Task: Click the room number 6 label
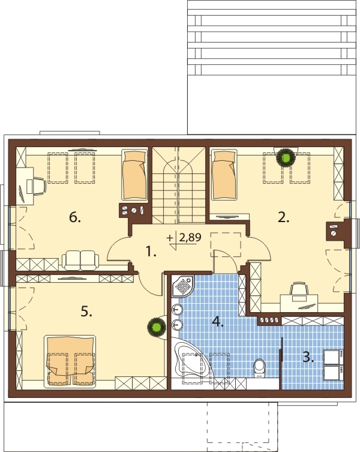pyautogui.click(x=75, y=218)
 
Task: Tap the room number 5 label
pyautogui.click(x=86, y=312)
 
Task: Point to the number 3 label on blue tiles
pyautogui.click(x=308, y=357)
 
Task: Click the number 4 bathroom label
pyautogui.click(x=218, y=322)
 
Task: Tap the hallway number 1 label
pyautogui.click(x=151, y=252)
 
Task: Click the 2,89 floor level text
pyautogui.click(x=190, y=238)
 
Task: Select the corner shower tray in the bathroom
pyautogui.click(x=182, y=286)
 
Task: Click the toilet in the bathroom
pyautogui.click(x=260, y=368)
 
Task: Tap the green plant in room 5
pyautogui.click(x=156, y=327)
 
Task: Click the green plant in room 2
pyautogui.click(x=286, y=158)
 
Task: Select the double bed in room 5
pyautogui.click(x=70, y=361)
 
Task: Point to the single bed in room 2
pyautogui.click(x=224, y=175)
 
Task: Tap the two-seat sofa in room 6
pyautogui.click(x=80, y=260)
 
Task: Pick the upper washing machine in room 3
pyautogui.click(x=334, y=357)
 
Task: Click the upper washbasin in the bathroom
pyautogui.click(x=177, y=310)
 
